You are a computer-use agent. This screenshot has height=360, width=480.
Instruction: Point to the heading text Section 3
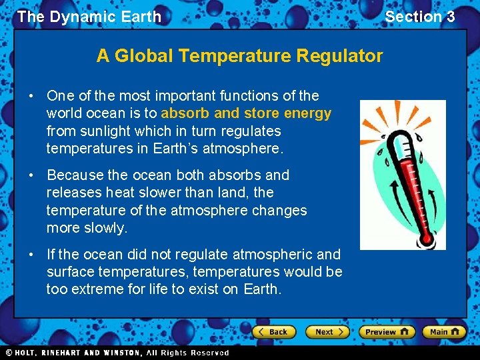(420, 17)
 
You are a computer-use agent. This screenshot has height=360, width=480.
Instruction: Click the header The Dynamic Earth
(89, 17)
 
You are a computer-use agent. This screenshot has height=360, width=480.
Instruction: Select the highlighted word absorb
(183, 113)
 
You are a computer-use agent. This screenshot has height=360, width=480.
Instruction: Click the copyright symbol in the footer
(9, 353)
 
